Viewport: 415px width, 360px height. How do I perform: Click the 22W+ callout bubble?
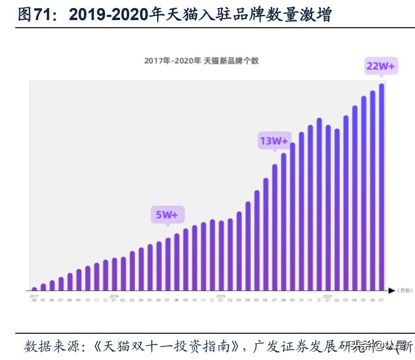[380, 66]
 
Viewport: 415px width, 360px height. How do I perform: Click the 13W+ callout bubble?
[274, 141]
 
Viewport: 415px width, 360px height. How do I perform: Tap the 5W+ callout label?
[167, 215]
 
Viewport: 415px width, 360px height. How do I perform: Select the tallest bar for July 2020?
[382, 187]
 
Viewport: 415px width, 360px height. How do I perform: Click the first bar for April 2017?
[34, 289]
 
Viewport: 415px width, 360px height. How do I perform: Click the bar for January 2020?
[328, 207]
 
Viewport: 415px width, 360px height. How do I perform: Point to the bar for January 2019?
[221, 255]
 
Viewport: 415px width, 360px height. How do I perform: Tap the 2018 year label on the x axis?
[114, 296]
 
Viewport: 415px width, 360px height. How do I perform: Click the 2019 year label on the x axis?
[221, 296]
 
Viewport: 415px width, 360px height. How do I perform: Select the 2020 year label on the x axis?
[328, 296]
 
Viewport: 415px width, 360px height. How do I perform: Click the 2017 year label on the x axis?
[34, 296]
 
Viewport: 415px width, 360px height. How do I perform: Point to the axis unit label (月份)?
[404, 290]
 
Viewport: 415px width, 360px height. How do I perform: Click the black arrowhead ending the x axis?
[392, 290]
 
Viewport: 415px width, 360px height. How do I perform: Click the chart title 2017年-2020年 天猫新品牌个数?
[201, 61]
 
